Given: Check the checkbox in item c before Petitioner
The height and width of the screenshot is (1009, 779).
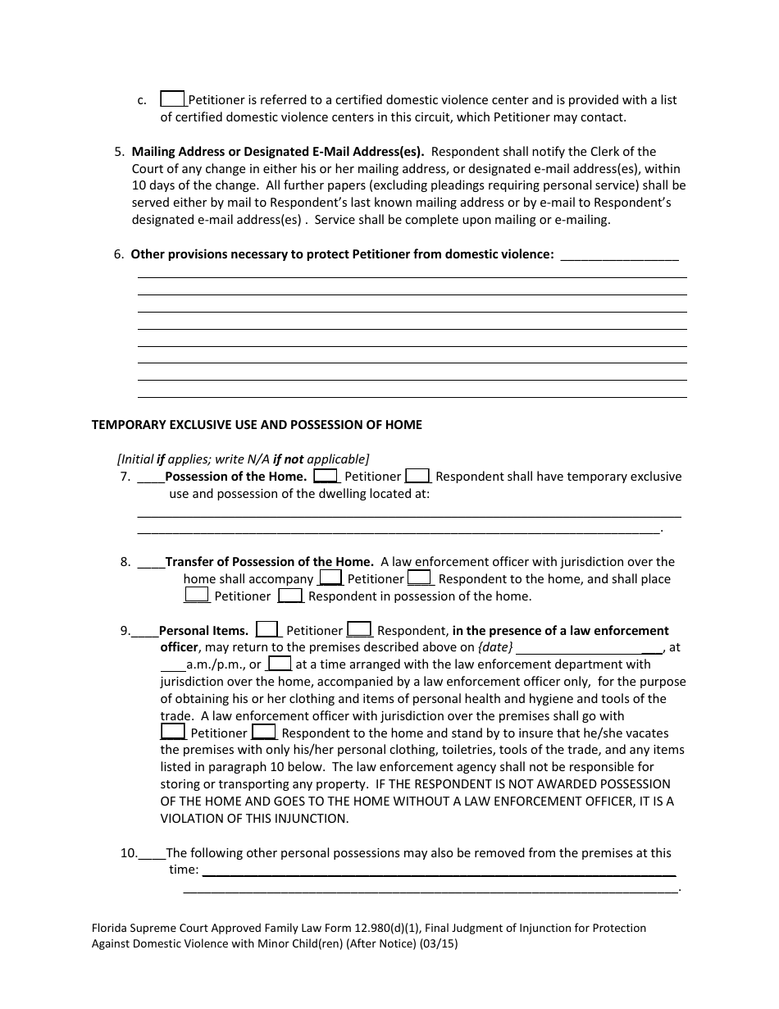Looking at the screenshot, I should tap(172, 98).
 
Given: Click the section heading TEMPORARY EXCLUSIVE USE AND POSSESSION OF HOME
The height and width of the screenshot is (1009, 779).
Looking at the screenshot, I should tap(257, 425).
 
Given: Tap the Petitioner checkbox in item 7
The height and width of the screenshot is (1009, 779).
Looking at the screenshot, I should tap(326, 475).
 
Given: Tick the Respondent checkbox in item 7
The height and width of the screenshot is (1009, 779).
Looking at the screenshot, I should tap(417, 475).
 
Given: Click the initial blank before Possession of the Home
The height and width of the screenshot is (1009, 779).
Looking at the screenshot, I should tap(151, 477).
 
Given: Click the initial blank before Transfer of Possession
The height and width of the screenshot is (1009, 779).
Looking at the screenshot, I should tap(151, 564).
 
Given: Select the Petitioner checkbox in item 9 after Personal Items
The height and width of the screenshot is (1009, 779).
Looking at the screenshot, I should tap(267, 629).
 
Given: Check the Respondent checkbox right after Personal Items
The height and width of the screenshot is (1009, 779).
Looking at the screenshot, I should tap(359, 629).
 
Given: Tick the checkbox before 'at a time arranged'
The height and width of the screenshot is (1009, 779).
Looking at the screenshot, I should tap(280, 663).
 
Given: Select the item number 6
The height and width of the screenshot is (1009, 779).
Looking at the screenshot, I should tap(119, 254).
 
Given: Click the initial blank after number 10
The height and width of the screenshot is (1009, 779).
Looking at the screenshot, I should tap(153, 855).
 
